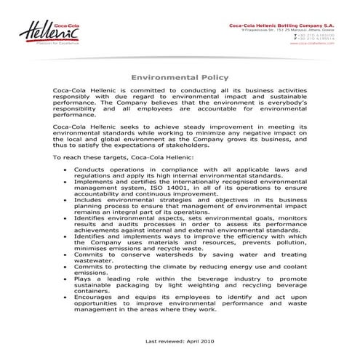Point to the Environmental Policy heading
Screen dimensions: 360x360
coord(180,76)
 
